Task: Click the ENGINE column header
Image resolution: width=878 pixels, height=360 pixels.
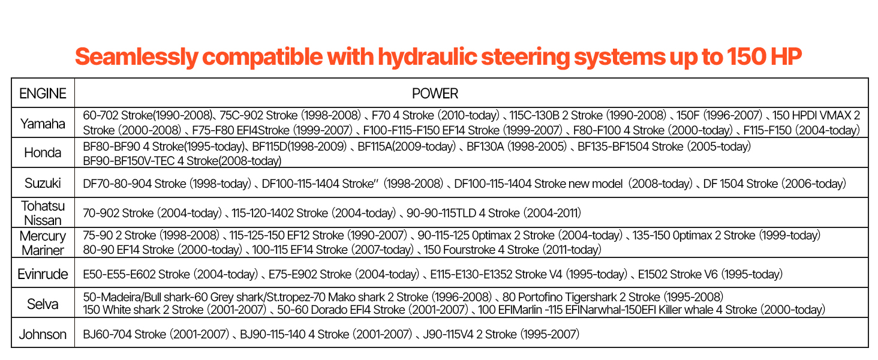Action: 43,94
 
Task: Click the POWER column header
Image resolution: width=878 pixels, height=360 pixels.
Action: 435,94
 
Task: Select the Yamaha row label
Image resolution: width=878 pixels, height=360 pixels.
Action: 43,124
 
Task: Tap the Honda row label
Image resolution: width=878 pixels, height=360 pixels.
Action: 43,152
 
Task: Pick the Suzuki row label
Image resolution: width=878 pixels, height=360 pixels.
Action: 43,183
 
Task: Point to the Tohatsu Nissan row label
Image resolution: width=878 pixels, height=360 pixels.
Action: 43,213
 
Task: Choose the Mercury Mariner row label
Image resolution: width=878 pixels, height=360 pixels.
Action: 43,243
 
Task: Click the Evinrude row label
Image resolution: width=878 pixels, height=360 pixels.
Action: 43,274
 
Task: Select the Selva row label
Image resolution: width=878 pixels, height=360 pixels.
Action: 43,304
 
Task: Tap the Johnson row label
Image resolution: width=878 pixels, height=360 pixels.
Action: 43,334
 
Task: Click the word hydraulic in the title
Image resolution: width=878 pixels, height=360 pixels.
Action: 427,57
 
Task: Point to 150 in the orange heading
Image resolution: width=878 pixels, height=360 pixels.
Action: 746,56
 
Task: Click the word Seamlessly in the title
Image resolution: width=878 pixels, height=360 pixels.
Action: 136,57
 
